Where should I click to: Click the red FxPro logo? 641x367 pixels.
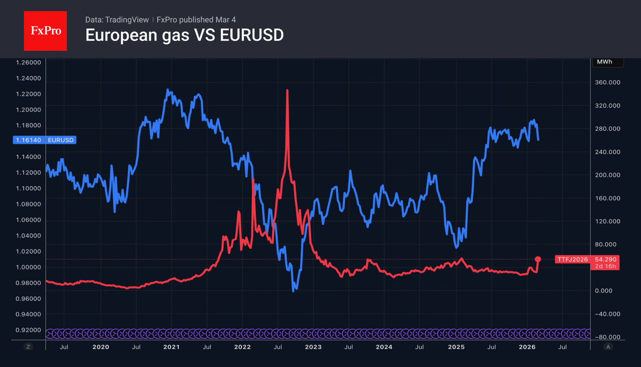coord(45,31)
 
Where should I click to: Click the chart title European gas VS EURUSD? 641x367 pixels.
coord(184,35)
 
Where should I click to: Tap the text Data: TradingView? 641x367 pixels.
coord(117,20)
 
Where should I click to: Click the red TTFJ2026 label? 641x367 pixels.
coord(572,259)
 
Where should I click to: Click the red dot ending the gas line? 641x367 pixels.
coord(538,259)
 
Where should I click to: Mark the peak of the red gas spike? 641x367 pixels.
coord(287,90)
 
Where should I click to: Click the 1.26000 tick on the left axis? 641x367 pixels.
coord(28,62)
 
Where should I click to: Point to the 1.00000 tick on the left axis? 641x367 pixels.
coord(28,267)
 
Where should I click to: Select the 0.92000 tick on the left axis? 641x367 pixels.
coord(28,330)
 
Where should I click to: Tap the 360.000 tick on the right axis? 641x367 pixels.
coord(608,82)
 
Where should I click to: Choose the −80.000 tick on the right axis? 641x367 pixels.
coord(608,337)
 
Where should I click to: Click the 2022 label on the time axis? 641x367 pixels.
coord(242,347)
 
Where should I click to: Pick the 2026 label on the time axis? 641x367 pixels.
coord(527,347)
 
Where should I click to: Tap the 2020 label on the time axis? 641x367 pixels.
coord(100,347)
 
